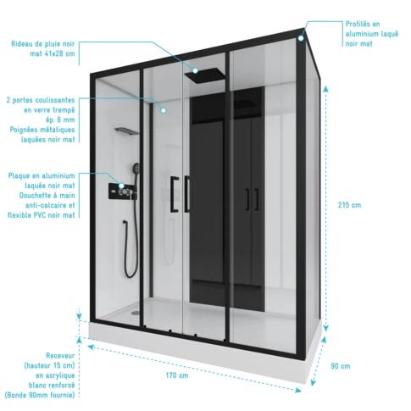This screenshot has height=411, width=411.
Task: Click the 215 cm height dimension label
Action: pyautogui.click(x=349, y=205)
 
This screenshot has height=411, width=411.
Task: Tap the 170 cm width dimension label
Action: pyautogui.click(x=177, y=375)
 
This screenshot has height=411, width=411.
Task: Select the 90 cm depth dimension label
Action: pyautogui.click(x=341, y=366)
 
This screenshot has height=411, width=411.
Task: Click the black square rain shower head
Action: pyautogui.click(x=205, y=75)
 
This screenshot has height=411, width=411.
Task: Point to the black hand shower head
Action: pyautogui.click(x=136, y=168)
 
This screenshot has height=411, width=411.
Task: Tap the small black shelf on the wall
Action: pyautogui.click(x=127, y=131)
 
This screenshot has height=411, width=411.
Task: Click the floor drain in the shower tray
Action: pyautogui.click(x=136, y=313)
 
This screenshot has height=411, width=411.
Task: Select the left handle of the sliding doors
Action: pyautogui.click(x=175, y=194)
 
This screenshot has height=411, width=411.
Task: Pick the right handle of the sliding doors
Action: pyautogui.click(x=187, y=194)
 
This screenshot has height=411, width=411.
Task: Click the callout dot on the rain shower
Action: pyautogui.click(x=195, y=70)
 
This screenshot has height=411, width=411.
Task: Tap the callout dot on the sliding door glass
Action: pyautogui.click(x=164, y=110)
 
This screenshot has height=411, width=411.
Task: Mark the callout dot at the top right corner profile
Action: pyautogui.click(x=301, y=38)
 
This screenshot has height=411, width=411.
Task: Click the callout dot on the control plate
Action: pyautogui.click(x=121, y=186)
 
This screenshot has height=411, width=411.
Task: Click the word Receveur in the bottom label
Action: pyautogui.click(x=60, y=356)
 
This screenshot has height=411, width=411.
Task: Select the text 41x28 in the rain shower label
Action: pyautogui.click(x=54, y=53)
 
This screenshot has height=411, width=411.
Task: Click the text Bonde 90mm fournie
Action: pyautogui.click(x=40, y=395)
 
